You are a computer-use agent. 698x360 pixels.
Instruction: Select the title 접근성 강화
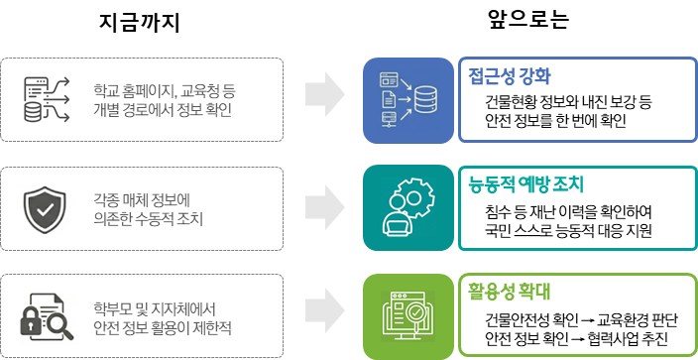(510, 75)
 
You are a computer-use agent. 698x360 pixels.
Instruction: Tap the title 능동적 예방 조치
(526, 184)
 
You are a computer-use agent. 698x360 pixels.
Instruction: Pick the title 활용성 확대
(510, 292)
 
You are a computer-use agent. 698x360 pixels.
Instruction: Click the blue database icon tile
(407, 100)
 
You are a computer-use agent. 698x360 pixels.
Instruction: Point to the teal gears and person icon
(407, 206)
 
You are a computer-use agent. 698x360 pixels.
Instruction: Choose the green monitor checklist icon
(407, 315)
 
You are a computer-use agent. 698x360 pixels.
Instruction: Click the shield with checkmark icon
(46, 206)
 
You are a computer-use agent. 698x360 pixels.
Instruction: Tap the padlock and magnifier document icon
(46, 315)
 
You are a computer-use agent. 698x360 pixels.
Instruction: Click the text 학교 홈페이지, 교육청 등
(164, 89)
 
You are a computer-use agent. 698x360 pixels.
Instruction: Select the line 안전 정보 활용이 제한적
(163, 326)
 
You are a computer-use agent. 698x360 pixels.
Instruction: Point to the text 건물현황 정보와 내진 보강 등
(567, 102)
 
